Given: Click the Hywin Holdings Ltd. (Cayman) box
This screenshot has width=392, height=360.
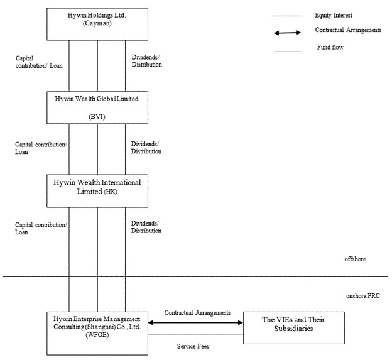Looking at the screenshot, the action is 97,24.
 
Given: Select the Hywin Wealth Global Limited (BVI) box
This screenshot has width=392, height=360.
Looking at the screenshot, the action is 97,107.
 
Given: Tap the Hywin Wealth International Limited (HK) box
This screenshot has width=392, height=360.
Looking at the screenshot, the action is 97,191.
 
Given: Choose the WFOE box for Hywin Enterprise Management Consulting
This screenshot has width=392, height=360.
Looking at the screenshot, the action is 97,333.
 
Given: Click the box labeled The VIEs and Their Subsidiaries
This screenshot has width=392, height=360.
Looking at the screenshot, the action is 294,328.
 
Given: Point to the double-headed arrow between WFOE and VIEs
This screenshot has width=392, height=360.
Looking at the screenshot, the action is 195,323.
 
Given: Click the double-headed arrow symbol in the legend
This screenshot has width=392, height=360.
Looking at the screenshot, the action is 287,33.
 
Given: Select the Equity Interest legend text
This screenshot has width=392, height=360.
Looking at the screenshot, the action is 334,16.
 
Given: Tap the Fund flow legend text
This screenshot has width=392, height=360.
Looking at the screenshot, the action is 330,47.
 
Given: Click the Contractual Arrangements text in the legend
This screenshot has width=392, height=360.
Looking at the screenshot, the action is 348,30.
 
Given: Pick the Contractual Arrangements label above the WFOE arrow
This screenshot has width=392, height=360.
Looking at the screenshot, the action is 197,312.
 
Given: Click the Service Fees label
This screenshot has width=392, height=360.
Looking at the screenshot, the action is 193,346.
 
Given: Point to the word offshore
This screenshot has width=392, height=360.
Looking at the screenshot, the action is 355,259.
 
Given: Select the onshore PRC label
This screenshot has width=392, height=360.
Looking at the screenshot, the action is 362,296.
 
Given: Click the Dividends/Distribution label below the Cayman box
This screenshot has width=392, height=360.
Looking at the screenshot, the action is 146,61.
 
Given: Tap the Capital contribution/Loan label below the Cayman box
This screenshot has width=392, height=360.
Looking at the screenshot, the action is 39,62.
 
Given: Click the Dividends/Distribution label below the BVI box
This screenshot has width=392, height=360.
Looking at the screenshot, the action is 146,148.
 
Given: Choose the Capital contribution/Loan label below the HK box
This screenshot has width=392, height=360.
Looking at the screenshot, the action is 41,229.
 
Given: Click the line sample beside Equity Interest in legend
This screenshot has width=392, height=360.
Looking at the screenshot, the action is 287,16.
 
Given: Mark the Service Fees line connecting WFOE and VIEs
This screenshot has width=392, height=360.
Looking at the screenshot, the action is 195,335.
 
